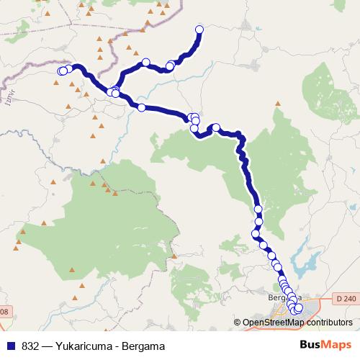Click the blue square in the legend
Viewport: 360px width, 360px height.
click(x=11, y=346)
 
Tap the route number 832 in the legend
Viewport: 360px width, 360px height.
click(x=31, y=346)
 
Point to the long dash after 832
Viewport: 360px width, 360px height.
click(x=47, y=346)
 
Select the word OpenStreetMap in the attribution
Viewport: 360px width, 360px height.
click(x=274, y=323)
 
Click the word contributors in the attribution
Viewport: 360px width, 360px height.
click(x=328, y=323)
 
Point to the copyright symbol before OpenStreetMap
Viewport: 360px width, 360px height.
click(x=237, y=323)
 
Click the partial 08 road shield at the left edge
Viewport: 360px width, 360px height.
click(x=4, y=312)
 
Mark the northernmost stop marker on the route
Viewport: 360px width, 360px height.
click(x=199, y=30)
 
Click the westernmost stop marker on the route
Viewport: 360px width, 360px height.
click(x=61, y=71)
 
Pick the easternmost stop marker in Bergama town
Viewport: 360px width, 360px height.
click(x=299, y=308)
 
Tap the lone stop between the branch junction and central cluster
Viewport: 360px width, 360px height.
click(x=142, y=108)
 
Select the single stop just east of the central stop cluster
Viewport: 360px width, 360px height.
click(x=215, y=127)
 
